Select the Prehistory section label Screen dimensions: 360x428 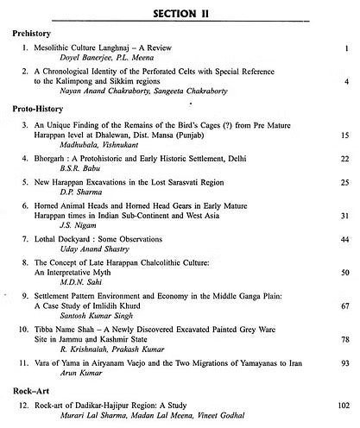(x=34, y=33)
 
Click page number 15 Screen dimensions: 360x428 (x=344, y=136)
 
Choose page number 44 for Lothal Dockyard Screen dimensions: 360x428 (x=344, y=238)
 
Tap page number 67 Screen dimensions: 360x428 (x=344, y=305)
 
